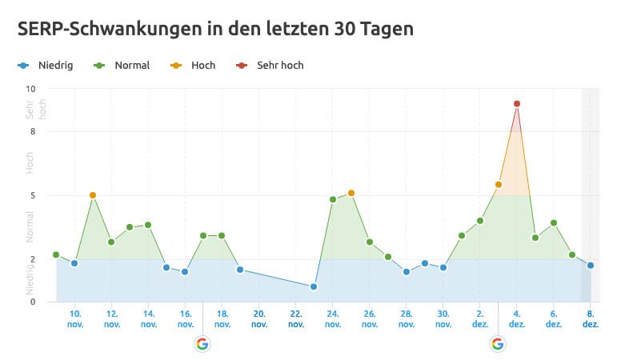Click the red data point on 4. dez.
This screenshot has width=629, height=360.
click(x=517, y=104)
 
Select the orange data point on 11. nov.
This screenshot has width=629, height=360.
click(x=93, y=195)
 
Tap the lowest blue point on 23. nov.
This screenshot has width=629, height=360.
click(x=314, y=286)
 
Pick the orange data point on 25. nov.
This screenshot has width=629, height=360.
click(x=351, y=193)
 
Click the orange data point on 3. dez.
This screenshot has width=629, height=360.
click(x=499, y=185)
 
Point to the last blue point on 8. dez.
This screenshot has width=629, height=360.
click(x=591, y=266)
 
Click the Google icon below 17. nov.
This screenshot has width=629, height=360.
click(x=202, y=344)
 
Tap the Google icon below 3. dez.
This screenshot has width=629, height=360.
click(x=498, y=344)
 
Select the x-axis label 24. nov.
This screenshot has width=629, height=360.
click(x=332, y=318)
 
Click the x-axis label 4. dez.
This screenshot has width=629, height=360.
click(x=517, y=318)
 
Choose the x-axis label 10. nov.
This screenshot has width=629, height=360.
click(x=75, y=318)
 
